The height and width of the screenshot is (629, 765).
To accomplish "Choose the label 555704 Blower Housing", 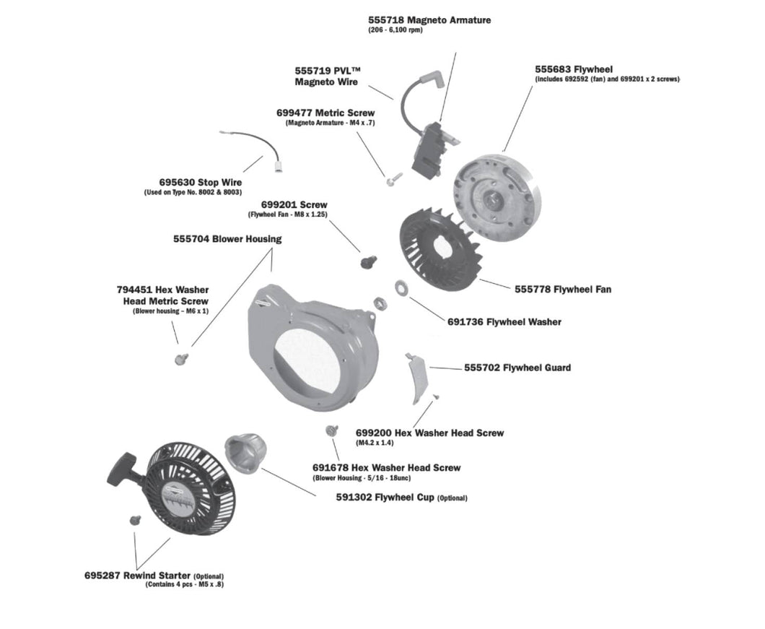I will pyautogui.click(x=227, y=239).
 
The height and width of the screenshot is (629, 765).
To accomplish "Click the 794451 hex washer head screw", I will pyautogui.click(x=181, y=357).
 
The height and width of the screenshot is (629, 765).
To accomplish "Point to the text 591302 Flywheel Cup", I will pyautogui.click(x=401, y=498).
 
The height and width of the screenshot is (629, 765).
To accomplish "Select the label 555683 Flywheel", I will pyautogui.click(x=574, y=69).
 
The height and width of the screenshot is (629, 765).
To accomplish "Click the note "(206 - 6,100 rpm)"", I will pyautogui.click(x=395, y=30).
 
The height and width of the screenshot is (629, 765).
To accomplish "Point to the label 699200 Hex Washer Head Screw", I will pyautogui.click(x=430, y=433).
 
